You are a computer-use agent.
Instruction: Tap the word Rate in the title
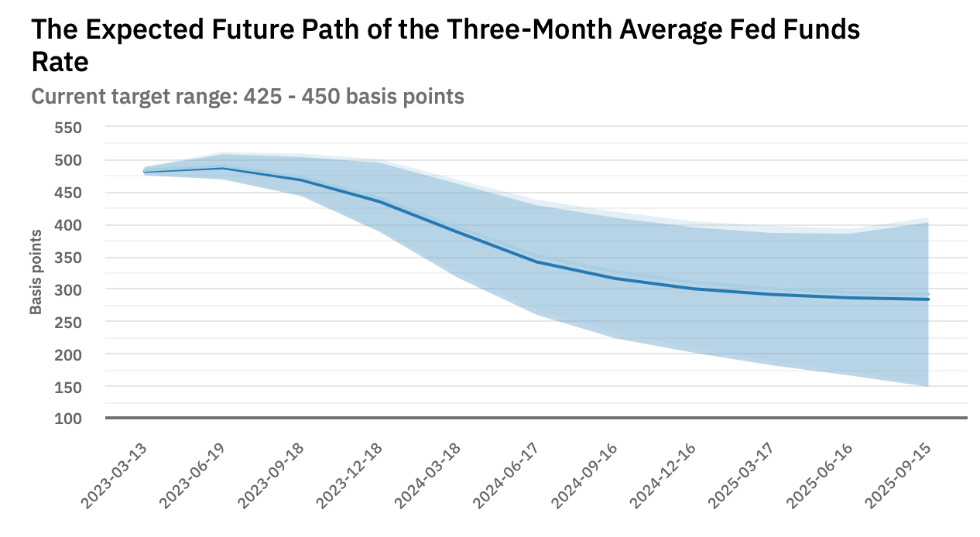[60, 62]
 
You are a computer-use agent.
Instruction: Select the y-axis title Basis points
[36, 272]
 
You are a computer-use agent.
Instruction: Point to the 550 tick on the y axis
[68, 127]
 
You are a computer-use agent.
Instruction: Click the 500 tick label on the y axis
[68, 160]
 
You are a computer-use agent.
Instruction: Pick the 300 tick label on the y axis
[68, 289]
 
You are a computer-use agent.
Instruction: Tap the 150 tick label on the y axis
[68, 386]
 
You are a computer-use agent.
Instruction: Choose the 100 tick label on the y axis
[68, 419]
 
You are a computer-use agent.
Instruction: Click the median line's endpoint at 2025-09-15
[928, 299]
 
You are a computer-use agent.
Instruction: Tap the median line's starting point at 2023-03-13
[145, 172]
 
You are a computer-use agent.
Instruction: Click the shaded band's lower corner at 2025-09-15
[927, 385]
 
